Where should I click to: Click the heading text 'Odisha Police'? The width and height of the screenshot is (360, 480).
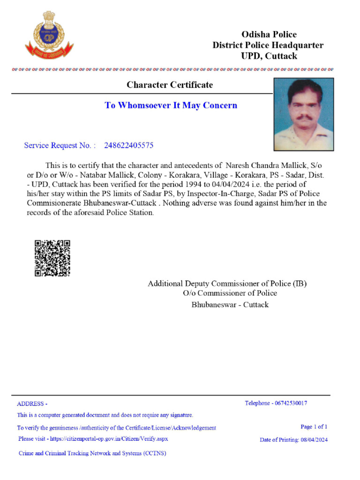[x=269, y=34]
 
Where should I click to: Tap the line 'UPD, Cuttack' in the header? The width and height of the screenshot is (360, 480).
[x=269, y=56]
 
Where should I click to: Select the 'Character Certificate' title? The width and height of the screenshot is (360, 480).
[x=170, y=85]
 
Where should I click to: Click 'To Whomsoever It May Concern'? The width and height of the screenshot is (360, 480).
[x=171, y=105]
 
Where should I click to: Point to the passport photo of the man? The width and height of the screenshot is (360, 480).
[x=304, y=114]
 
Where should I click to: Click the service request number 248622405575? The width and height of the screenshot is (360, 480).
[x=128, y=145]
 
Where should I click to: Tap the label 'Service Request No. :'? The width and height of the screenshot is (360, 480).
[x=60, y=145]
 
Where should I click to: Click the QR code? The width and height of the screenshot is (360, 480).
[x=52, y=258]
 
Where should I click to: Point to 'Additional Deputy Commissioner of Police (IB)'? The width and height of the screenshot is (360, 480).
[x=227, y=284]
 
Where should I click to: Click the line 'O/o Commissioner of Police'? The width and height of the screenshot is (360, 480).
[x=230, y=293]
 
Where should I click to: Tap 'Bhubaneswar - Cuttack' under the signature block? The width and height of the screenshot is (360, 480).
[x=230, y=305]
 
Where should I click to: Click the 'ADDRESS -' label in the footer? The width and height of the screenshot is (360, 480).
[x=32, y=404]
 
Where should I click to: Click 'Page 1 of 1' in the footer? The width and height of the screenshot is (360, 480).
[x=314, y=427]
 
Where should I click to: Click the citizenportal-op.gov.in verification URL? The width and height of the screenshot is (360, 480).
[x=108, y=439]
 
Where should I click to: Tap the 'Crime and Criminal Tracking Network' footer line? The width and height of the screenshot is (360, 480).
[x=92, y=453]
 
